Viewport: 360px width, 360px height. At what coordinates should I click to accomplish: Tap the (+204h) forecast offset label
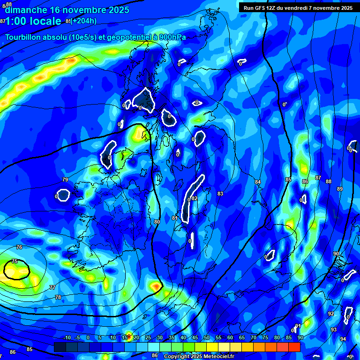coord(84,21)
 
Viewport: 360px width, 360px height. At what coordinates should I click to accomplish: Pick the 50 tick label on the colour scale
coord(207,338)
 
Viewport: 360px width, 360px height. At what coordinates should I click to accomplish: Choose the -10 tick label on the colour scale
coord(67,338)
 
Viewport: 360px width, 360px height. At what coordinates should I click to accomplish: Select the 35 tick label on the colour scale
coord(172,338)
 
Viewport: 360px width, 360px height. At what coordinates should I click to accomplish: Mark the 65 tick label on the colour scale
coord(242,338)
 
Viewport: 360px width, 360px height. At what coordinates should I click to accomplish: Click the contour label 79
coord(65,180)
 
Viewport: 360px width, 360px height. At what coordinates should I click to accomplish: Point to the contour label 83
coord(220,194)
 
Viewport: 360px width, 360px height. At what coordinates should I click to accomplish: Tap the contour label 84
coord(258,182)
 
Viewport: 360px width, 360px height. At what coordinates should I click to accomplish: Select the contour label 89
coord(340,189)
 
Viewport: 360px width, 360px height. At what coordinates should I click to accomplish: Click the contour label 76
coord(19,247)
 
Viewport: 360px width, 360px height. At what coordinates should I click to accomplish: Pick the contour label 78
coord(58,297)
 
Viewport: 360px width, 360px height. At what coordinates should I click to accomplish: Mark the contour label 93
coord(334,330)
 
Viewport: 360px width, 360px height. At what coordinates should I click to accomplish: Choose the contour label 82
coord(195,198)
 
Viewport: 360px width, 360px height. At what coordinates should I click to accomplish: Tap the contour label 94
coord(343,339)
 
